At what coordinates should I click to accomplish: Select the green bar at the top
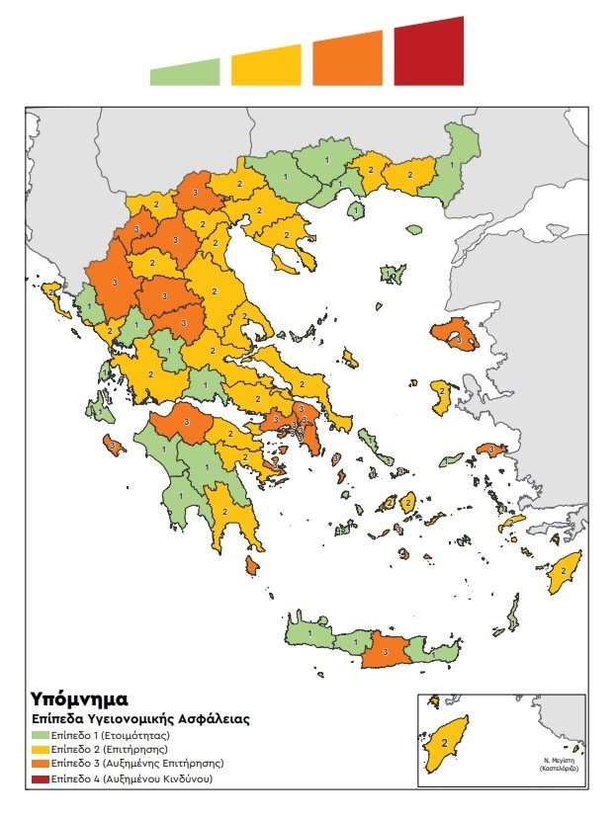186,73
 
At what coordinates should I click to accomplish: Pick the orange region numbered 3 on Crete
385,653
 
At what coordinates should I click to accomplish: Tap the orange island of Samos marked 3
491,451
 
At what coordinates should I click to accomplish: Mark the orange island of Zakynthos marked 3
114,447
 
